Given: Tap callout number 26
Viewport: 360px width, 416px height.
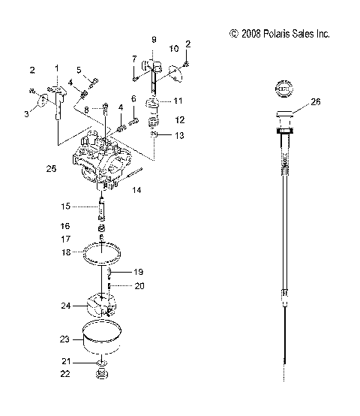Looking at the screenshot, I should point(316,102).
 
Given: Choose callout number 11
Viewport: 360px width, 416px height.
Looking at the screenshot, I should point(178,100).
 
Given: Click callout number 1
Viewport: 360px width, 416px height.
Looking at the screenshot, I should point(55,68).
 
